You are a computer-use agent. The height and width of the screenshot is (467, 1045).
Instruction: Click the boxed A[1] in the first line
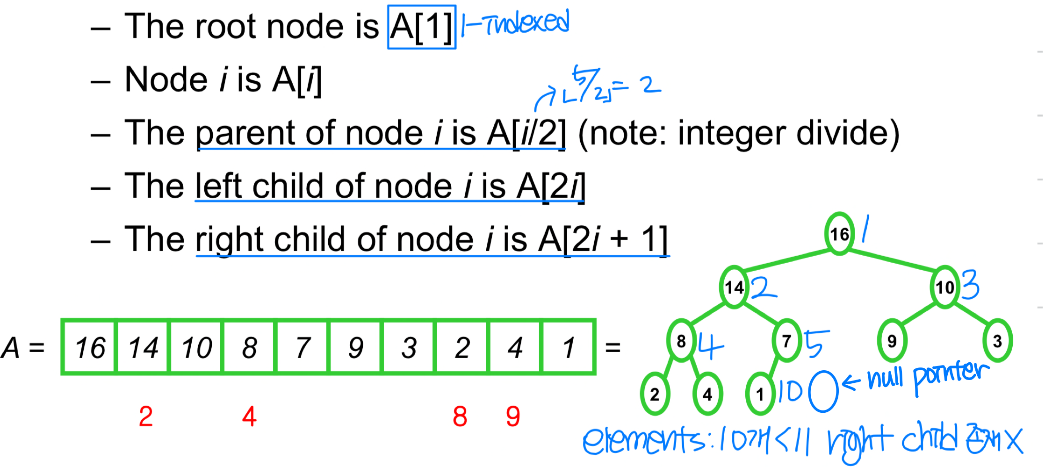click(421, 27)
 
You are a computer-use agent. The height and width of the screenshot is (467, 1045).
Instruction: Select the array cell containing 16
click(89, 347)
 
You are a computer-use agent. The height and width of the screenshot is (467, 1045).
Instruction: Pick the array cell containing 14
click(143, 347)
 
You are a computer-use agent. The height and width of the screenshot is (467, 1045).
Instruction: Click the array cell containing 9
click(356, 347)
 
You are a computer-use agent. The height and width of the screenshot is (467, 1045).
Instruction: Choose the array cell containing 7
click(303, 347)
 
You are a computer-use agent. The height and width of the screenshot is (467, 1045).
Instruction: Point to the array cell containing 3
click(409, 347)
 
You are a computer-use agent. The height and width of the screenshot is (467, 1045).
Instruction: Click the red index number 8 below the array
click(460, 416)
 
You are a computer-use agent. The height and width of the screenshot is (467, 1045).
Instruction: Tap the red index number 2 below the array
click(145, 416)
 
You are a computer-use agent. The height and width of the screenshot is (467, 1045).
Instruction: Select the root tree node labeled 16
click(839, 234)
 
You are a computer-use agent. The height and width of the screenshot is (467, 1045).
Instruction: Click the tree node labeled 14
click(734, 287)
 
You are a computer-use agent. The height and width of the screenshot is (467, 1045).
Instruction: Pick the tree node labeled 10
click(944, 287)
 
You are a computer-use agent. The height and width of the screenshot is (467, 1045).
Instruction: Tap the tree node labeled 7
click(786, 341)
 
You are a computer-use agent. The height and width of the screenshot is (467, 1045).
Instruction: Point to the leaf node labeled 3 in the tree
click(997, 341)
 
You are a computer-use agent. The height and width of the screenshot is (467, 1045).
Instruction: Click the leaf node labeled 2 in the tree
click(655, 394)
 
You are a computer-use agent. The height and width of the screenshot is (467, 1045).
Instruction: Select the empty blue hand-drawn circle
click(823, 391)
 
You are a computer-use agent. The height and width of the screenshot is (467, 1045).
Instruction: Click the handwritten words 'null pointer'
click(928, 376)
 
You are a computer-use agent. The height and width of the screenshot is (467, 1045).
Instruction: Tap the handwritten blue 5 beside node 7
click(816, 343)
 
